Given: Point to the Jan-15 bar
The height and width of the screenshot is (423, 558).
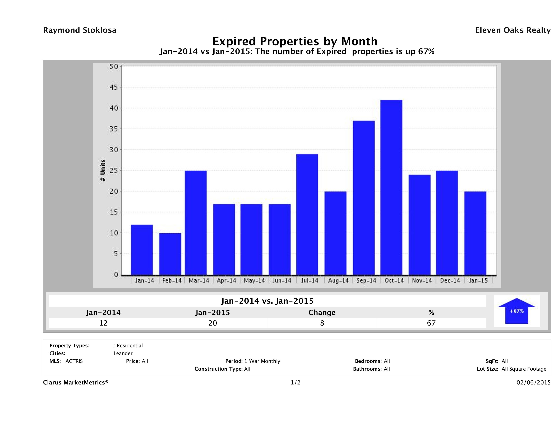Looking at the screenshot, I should [x=475, y=233].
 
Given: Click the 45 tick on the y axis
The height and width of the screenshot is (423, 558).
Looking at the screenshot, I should [x=113, y=87].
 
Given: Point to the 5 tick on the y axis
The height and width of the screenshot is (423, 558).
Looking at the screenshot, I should [x=116, y=254].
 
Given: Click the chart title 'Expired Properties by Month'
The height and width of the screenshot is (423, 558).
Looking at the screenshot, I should [x=295, y=41].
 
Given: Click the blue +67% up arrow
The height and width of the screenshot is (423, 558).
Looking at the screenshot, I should [x=516, y=311].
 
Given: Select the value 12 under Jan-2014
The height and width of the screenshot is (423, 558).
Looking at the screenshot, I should [x=103, y=323].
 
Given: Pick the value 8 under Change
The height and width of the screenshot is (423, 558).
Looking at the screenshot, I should [x=322, y=323].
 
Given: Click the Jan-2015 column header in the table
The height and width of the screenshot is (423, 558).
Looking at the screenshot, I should [x=213, y=313].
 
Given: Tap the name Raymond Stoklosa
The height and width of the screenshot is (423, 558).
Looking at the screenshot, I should [x=80, y=30].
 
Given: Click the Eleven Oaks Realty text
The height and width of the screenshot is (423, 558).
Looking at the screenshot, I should [x=513, y=30].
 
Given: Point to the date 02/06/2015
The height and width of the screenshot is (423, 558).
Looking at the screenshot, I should [x=533, y=382].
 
